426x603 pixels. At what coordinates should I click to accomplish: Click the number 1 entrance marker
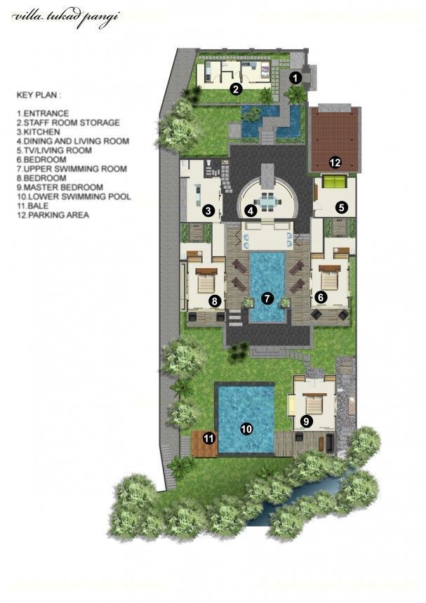pos(295,78)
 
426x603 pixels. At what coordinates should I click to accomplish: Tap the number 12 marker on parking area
pos(335,163)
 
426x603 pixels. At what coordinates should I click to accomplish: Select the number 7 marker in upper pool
pos(267,297)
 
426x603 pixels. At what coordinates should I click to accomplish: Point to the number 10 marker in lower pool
pos(246,428)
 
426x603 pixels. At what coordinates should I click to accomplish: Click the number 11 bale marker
pos(208,439)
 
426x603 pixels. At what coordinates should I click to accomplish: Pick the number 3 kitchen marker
pos(208,211)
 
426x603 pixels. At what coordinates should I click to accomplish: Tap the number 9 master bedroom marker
pos(306,421)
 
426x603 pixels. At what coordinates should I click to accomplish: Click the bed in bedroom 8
pos(206,281)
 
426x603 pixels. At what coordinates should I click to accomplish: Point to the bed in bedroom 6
pos(329,279)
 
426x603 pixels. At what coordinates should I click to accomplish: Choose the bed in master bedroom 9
pos(314,405)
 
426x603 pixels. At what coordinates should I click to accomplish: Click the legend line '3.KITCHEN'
pos(38,132)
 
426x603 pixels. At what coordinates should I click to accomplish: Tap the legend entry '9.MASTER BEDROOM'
pos(60,187)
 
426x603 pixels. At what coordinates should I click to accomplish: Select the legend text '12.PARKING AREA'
pos(53,215)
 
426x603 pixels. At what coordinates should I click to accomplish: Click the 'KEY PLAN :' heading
pos(39,95)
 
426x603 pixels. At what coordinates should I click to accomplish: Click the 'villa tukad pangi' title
pos(65,18)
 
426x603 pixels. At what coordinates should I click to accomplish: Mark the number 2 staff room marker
pos(235,90)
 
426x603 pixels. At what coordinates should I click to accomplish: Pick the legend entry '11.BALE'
pos(32,206)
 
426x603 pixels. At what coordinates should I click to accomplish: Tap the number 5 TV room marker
pos(341,208)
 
